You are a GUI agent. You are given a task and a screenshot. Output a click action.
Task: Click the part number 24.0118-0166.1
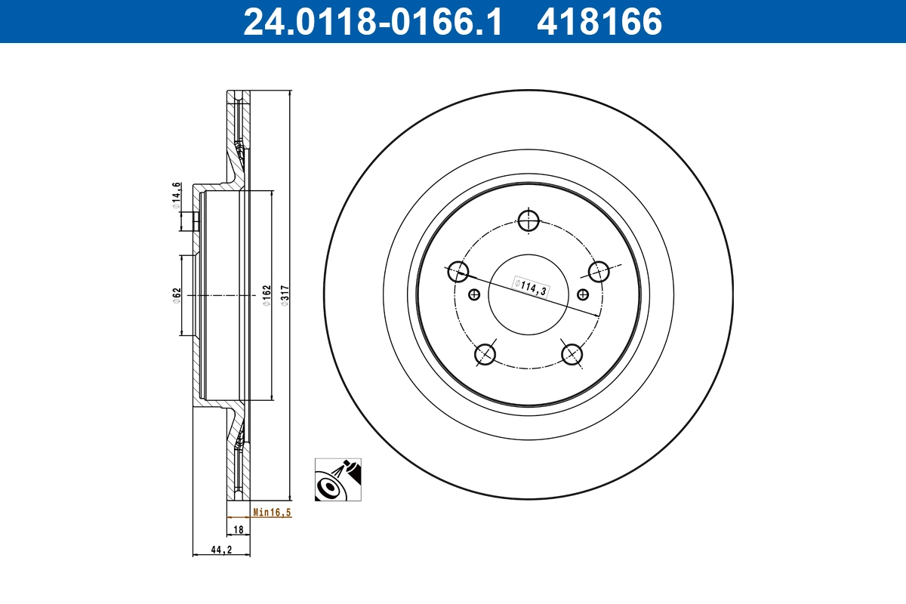[x=371, y=21]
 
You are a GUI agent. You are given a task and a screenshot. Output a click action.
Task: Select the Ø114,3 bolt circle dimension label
[x=531, y=285]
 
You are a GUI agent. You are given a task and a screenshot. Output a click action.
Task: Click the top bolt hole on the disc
[x=528, y=220]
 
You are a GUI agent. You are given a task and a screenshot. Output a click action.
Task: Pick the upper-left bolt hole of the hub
[x=458, y=271]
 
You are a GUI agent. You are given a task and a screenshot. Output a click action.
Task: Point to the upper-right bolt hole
[x=599, y=271]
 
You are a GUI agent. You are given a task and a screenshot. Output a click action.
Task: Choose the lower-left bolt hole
[x=485, y=353]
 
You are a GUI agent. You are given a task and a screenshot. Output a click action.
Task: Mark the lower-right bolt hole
[x=572, y=353]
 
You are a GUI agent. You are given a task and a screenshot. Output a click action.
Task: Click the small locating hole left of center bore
[x=474, y=294]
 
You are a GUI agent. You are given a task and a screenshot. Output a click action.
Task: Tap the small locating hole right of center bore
[x=582, y=294]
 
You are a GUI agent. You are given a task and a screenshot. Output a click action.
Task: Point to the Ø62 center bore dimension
[x=175, y=294]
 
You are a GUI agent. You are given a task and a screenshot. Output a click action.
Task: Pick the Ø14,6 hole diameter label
[x=175, y=193]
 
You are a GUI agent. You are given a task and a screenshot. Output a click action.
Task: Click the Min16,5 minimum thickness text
[x=272, y=512]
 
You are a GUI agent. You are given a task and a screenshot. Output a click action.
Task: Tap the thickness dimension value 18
[x=238, y=530]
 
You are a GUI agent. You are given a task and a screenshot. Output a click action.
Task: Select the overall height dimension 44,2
[x=220, y=550]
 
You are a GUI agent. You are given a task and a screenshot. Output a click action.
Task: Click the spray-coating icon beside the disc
[x=337, y=479]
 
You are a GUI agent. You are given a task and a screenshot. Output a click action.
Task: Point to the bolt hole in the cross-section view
[x=195, y=221]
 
